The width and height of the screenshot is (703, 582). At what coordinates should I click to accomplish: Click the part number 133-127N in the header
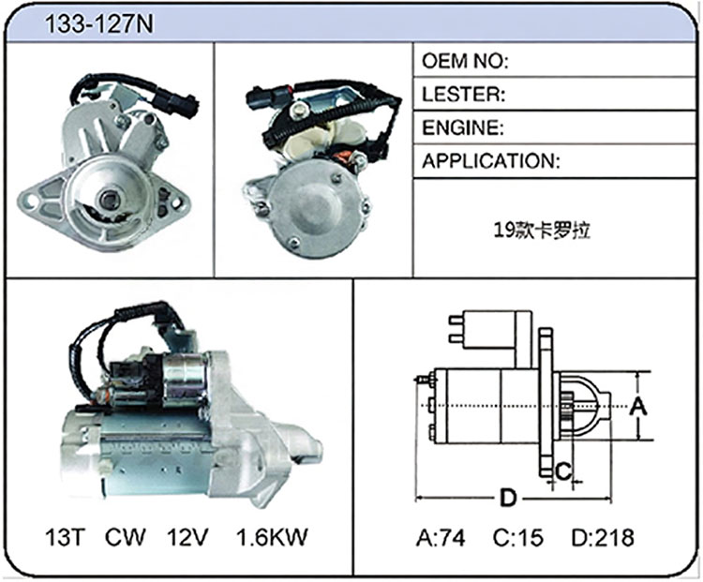coord(99,23)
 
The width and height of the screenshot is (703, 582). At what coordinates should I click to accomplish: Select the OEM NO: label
coord(465,61)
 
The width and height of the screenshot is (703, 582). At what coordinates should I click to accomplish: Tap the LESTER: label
coord(464,94)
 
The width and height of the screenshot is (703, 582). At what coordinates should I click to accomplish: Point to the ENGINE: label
coord(463,127)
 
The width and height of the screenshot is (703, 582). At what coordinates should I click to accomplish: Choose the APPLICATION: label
coord(491,161)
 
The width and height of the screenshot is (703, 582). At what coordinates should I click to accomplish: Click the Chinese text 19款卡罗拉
coord(542,230)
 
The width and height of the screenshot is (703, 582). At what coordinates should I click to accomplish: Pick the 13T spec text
coord(65,537)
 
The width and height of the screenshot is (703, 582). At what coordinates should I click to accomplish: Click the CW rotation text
coord(125,537)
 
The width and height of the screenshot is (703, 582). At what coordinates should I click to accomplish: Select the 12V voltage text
coord(187,537)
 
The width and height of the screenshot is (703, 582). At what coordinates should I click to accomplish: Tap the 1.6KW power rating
coord(272,537)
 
